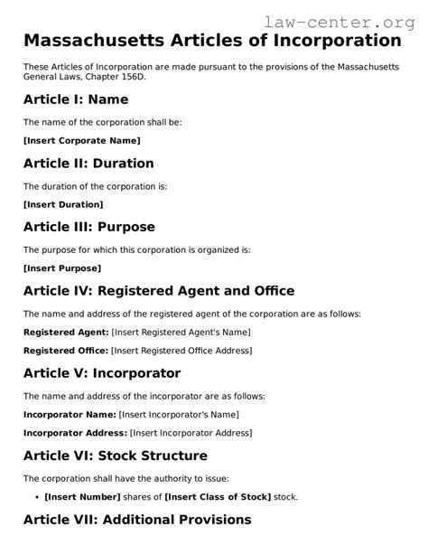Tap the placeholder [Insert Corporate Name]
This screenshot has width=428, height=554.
pos(81,141)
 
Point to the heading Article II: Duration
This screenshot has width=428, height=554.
pos(88,164)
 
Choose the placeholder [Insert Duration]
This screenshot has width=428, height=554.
pos(63,204)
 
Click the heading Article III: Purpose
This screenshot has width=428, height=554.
pos(89,227)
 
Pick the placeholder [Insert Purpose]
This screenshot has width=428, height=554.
pos(62,268)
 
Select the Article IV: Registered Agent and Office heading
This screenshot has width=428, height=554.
pos(159,291)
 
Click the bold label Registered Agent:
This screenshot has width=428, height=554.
pos(65,332)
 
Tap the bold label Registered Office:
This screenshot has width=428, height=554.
pos(66,350)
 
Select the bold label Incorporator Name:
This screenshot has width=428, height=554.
pos(70,414)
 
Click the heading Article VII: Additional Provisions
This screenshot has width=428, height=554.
pos(137,520)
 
